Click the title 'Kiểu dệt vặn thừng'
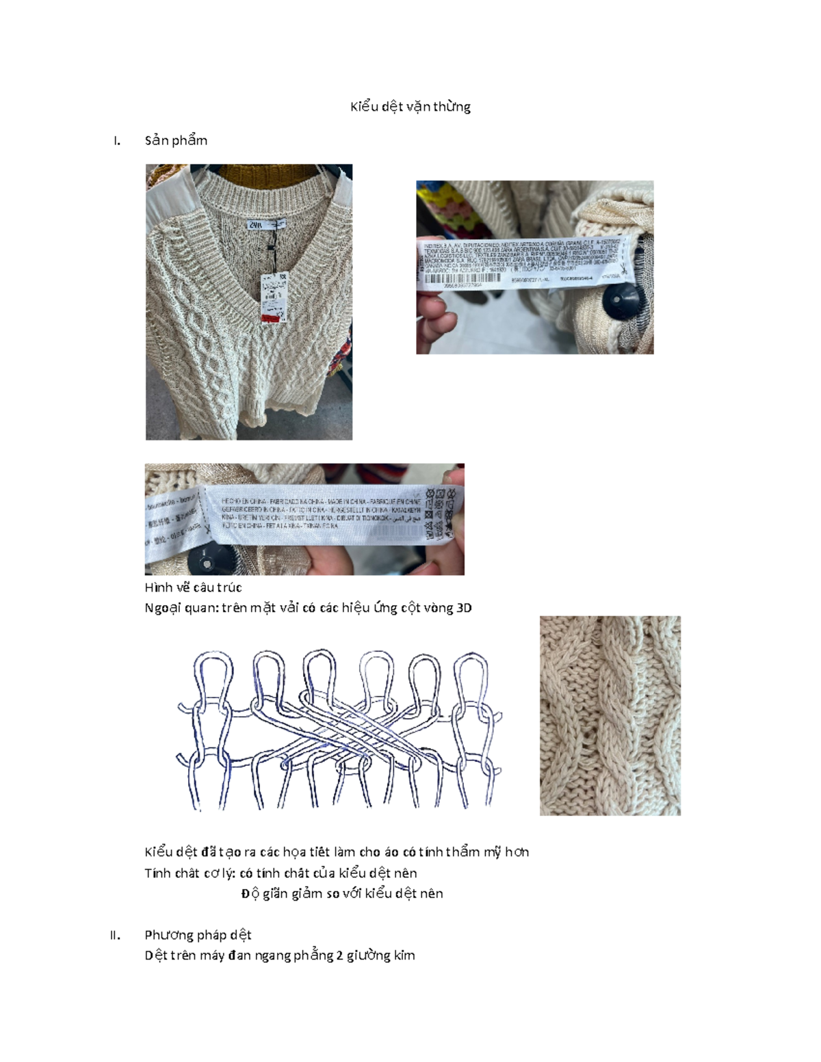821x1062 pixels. pos(410,107)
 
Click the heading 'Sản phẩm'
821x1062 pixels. pos(176,140)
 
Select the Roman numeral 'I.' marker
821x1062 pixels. pos(117,141)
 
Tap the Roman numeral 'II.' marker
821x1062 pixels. pos(115,935)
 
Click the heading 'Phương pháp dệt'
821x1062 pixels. pos(198,935)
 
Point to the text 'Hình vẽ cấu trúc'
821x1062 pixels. pos(193,587)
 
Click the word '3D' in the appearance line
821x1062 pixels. pos(463,608)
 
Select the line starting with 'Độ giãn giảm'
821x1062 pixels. pos(342,894)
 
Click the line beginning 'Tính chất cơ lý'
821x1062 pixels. pos(281,873)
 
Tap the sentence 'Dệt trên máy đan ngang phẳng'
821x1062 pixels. pos(279,955)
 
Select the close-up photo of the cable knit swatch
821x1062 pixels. pos(610,715)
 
